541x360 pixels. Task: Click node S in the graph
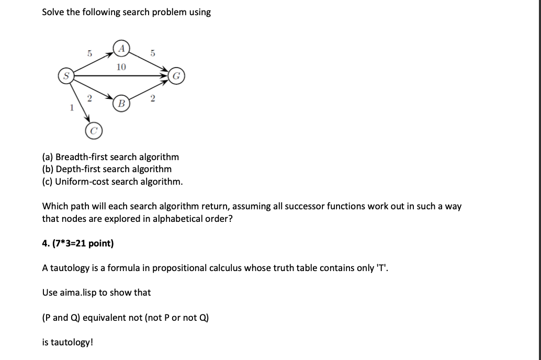coord(66,76)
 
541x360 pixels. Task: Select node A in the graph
coord(121,47)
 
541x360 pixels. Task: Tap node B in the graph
coord(121,102)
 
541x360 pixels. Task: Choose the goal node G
coord(176,76)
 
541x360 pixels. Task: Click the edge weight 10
coord(121,66)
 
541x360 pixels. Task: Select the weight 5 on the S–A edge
coord(89,53)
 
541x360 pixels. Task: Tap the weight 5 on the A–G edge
coord(152,53)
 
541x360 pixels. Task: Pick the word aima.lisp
coord(77,292)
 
